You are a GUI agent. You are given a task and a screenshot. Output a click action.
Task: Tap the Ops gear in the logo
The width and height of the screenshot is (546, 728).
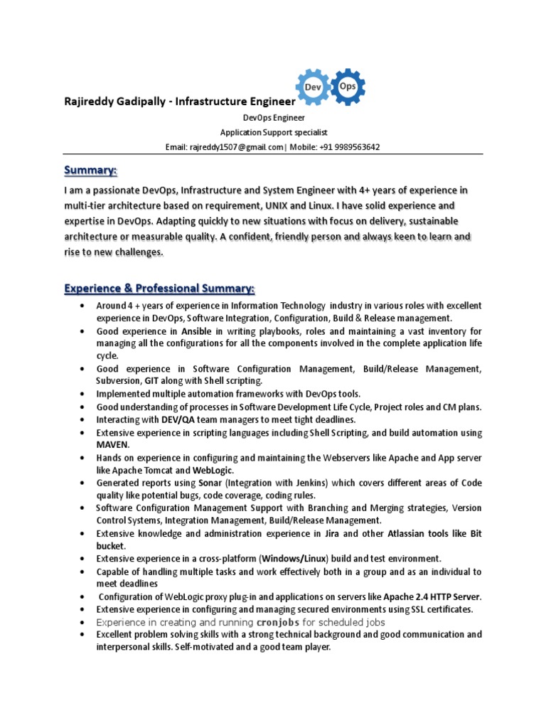(x=348, y=86)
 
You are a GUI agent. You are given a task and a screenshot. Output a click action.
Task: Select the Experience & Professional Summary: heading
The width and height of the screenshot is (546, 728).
(x=159, y=289)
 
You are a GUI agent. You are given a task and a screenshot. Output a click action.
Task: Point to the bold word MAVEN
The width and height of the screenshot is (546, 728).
(x=113, y=444)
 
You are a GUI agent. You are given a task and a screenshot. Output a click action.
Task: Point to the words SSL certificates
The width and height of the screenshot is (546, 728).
(x=441, y=609)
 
